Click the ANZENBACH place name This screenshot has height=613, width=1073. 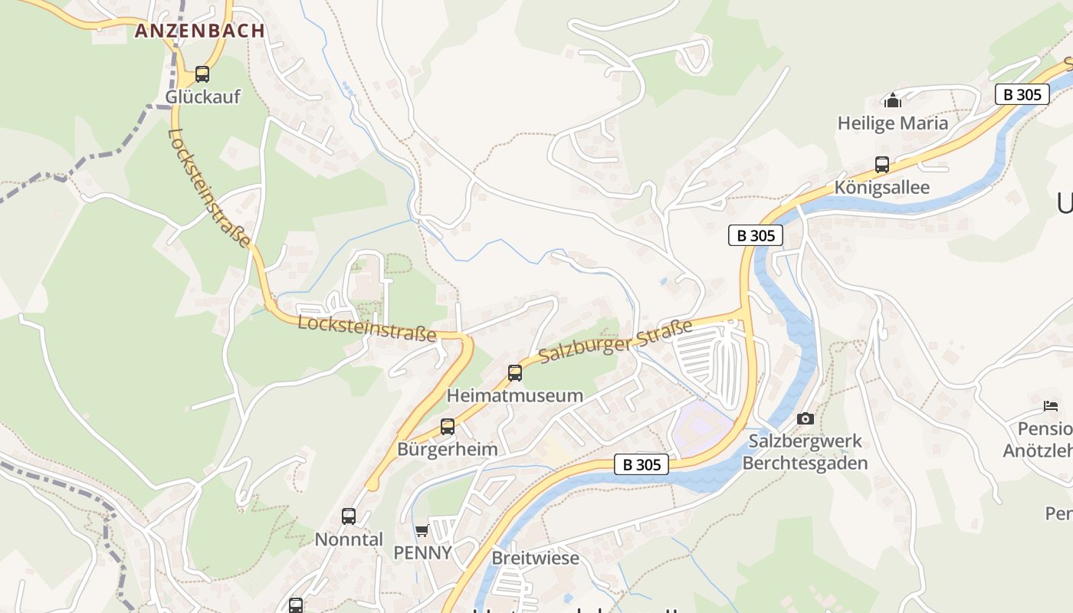pos(200,31)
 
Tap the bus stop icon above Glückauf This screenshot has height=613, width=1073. pos(202,74)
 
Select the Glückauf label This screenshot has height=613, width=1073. pos(203,97)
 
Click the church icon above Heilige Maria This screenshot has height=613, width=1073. pos(892,100)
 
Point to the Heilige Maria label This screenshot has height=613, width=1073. pos(892,123)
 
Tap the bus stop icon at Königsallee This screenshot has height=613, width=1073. pos(882,165)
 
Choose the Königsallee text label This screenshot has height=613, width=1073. pos(881,187)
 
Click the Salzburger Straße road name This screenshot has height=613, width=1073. pos(615,341)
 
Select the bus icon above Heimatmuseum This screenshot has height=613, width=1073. pos(515,373)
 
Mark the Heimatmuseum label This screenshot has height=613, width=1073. pos(514,395)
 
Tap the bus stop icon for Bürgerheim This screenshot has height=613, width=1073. pos(448,427)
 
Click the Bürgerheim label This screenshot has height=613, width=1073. pos(447,449)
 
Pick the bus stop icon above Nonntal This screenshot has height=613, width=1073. pos(349,516)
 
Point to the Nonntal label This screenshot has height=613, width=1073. pos(349,539)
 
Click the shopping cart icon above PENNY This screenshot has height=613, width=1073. pos(422,530)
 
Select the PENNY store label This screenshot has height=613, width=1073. pos(422,552)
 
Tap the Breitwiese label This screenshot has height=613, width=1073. pos(535,558)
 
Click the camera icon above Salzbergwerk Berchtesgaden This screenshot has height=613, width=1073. pos(805,418)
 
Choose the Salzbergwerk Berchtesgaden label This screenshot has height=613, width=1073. pos(805,452)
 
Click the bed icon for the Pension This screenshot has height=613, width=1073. pos(1050,406)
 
